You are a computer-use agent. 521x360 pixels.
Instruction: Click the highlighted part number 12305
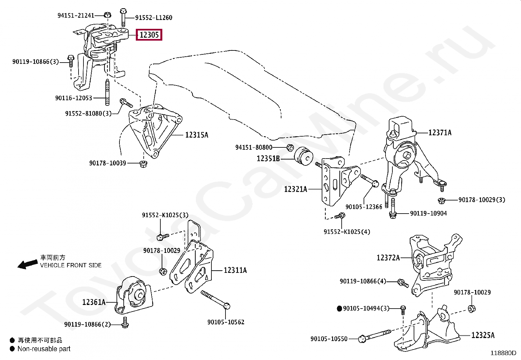click(149, 34)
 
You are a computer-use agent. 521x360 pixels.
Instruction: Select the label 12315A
click(197, 135)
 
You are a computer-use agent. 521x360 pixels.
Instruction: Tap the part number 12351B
click(268, 159)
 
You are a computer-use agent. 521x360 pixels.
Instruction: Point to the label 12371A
click(440, 132)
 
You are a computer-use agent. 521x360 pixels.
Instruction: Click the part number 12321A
click(296, 189)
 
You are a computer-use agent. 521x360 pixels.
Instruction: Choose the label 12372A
click(388, 257)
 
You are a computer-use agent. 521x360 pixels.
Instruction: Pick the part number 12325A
click(483, 335)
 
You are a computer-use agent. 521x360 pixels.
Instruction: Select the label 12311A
click(235, 270)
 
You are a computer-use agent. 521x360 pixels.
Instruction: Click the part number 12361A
click(94, 302)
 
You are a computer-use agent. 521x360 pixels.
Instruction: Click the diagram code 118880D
click(503, 353)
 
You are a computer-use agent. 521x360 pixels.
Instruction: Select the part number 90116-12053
click(74, 98)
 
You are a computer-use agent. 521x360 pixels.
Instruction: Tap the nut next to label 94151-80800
click(289, 148)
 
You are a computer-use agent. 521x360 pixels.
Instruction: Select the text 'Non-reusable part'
click(44, 349)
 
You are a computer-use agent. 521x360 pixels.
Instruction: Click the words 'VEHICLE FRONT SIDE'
click(71, 265)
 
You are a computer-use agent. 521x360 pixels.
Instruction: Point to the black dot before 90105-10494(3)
click(339, 308)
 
